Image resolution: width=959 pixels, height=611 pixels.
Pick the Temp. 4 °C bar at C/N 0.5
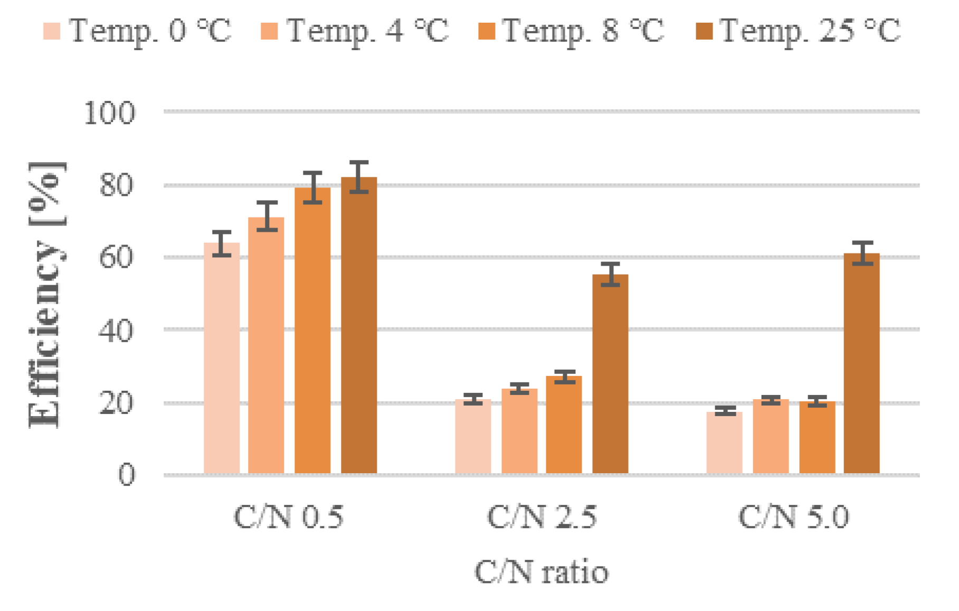[266, 345]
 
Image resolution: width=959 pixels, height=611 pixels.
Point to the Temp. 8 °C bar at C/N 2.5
[564, 425]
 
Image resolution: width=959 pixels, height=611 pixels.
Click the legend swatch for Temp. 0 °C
[52, 31]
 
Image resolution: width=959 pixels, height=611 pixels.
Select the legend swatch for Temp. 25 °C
[704, 31]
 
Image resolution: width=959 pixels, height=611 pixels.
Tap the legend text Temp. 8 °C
[583, 31]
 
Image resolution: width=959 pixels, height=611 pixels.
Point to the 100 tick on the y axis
[110, 112]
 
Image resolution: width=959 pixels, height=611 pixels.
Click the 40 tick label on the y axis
[116, 331]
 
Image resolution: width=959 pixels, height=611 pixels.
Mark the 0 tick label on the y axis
[126, 475]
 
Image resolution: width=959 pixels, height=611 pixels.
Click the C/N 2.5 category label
[542, 516]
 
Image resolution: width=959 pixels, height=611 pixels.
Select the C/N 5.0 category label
[793, 516]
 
